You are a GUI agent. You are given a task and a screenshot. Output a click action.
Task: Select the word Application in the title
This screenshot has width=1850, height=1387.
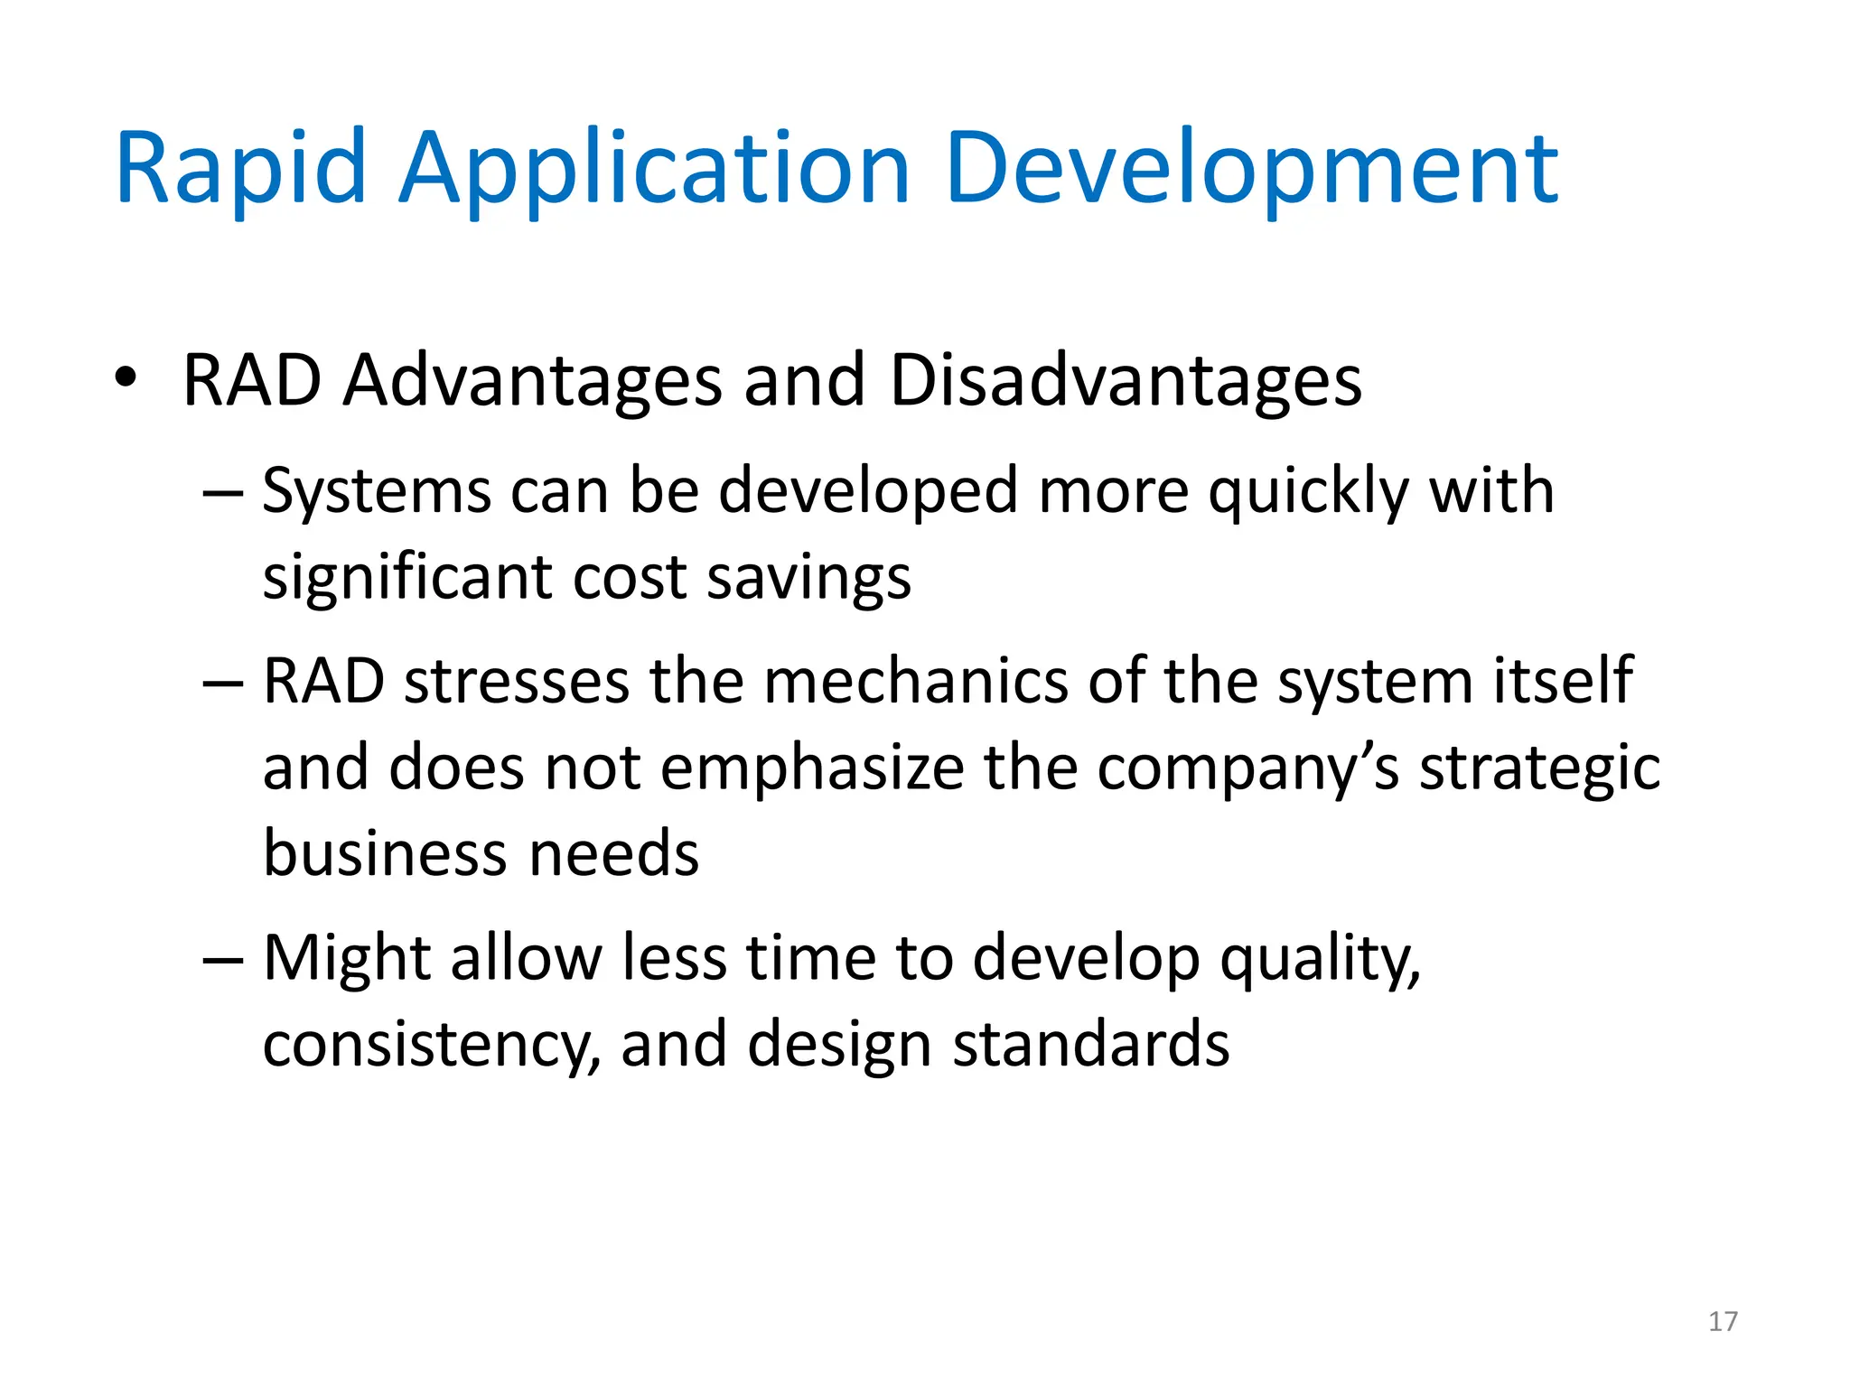[654, 169]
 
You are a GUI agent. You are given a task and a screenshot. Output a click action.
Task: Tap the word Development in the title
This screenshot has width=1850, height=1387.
[1252, 169]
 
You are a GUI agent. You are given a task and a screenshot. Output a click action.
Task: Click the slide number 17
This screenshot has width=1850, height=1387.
[1723, 1321]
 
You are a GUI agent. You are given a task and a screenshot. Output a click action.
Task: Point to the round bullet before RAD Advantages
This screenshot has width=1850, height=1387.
[126, 377]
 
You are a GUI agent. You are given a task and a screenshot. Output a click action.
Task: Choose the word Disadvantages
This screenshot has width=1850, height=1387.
[1126, 381]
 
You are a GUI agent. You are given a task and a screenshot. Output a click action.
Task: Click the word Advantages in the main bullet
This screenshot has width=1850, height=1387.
[533, 381]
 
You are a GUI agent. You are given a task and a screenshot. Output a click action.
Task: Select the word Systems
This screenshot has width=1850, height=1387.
[376, 492]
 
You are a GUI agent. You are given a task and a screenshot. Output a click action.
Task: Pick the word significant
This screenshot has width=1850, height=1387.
[407, 578]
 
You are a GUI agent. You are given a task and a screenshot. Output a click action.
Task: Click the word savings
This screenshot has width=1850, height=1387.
[808, 578]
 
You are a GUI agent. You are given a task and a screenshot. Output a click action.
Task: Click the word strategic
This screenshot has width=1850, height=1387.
[1539, 768]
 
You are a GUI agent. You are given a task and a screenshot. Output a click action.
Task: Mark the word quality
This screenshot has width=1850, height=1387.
[1320, 958]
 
